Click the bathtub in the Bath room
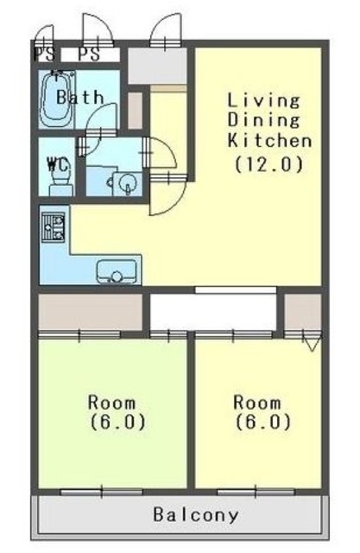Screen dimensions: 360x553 pos(57,99)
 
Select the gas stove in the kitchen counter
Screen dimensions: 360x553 pos(54,227)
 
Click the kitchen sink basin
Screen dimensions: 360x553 pos(117,271)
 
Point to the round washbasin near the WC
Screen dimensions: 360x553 pos(126,183)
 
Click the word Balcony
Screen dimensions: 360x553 pos(196,515)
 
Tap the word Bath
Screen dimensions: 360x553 pos(80,97)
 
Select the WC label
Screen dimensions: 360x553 pos(58,164)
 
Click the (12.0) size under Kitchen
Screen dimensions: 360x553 pos(269,164)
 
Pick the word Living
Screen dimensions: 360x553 pos(263,100)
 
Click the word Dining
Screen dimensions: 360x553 pos(263,120)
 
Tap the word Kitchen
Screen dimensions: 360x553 pos(269,140)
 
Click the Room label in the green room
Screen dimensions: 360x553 pos(111,403)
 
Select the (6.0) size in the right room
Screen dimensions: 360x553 pos(263,422)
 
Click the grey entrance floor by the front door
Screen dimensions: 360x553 pos(157,66)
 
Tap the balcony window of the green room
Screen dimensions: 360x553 pos(102,492)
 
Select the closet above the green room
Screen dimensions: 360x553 pos(90,312)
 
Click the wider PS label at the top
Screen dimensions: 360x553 pos(89,54)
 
